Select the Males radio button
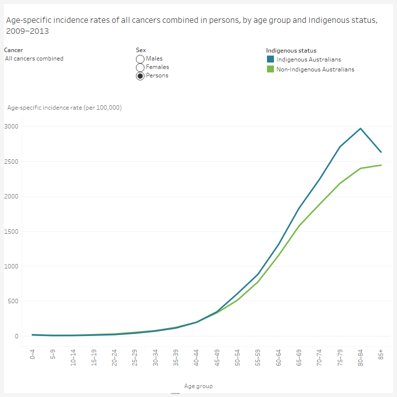pyautogui.click(x=140, y=59)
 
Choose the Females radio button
pyautogui.click(x=140, y=67)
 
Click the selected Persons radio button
pyautogui.click(x=140, y=76)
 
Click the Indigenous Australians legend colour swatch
pyautogui.click(x=270, y=60)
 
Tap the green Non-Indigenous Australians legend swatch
pyautogui.click(x=270, y=69)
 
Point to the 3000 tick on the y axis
pyautogui.click(x=11, y=127)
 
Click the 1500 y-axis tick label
pyautogui.click(x=11, y=232)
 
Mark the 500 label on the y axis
pyautogui.click(x=12, y=301)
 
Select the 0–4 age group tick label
pyautogui.click(x=33, y=357)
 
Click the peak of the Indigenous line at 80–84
pyautogui.click(x=361, y=129)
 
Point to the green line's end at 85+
pyautogui.click(x=381, y=165)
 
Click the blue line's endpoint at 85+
pyautogui.click(x=381, y=152)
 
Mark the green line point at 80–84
pyautogui.click(x=361, y=168)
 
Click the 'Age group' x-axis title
pyautogui.click(x=198, y=386)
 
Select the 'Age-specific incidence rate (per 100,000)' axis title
pyautogui.click(x=65, y=108)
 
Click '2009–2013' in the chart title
pyautogui.click(x=27, y=31)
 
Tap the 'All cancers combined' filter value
pyautogui.click(x=34, y=59)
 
